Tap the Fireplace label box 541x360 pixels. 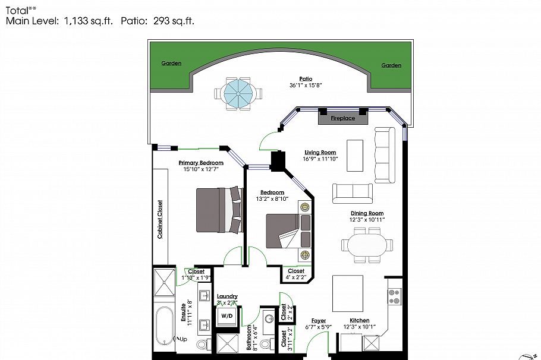pos(343,118)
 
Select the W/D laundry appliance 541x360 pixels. pos(227,316)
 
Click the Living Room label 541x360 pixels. pos(320,153)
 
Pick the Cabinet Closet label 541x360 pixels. pos(160,219)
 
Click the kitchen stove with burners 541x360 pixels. pos(395,296)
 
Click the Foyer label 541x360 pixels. pos(318,321)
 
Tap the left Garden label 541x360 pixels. pos(171,64)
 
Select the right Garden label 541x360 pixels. pos(391,65)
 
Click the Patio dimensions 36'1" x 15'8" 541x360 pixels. pos(306,86)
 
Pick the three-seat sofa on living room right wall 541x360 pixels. pos(384,156)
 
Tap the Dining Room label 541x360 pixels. pos(367,213)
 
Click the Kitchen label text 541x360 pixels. pos(359,321)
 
